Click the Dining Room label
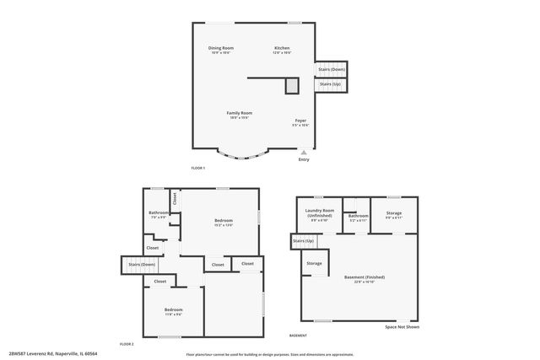221,48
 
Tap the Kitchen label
282,48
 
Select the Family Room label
239,113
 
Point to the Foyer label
300,121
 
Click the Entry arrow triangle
304,153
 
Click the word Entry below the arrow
304,160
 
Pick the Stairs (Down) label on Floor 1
332,69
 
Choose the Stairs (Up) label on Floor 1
331,84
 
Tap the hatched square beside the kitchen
292,86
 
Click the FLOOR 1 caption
198,169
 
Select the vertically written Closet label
175,199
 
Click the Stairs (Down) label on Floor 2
142,265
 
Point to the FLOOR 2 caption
127,345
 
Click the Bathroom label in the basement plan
358,216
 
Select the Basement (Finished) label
364,277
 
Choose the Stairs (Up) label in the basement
304,242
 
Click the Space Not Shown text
402,327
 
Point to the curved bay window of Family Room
244,157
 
